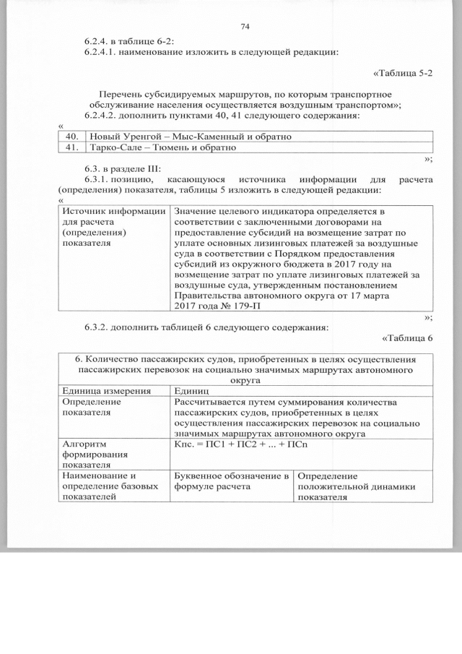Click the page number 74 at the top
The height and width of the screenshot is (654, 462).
[244, 27]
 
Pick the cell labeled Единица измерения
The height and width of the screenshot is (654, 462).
[107, 391]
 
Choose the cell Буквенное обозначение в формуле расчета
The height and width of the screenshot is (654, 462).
[232, 481]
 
